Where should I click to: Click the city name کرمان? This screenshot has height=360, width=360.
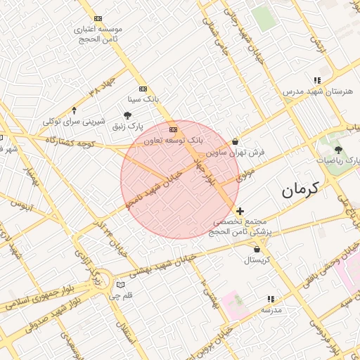pyautogui.click(x=300, y=189)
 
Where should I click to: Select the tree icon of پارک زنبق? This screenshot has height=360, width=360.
pyautogui.click(x=127, y=115)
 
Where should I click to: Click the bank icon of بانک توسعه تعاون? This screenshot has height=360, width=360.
pyautogui.click(x=173, y=129)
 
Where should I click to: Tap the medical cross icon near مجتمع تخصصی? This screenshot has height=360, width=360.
pyautogui.click(x=240, y=211)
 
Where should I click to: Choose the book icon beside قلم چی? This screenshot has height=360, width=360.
pyautogui.click(x=120, y=285)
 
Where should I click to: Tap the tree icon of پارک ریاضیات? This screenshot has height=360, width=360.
pyautogui.click(x=339, y=150)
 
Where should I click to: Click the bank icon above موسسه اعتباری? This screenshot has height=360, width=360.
pyautogui.click(x=97, y=18)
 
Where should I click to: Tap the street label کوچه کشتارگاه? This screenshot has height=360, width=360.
pyautogui.click(x=70, y=141)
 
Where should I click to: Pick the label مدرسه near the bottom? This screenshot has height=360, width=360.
pyautogui.click(x=271, y=310)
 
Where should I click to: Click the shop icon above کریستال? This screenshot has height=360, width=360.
pyautogui.click(x=257, y=249)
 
